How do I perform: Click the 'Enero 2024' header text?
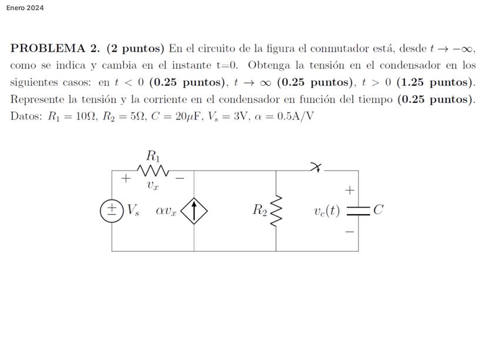pyautogui.click(x=25, y=8)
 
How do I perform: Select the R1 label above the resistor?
pyautogui.click(x=152, y=156)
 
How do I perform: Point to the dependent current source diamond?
pyautogui.click(x=194, y=210)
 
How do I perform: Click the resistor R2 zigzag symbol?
pyautogui.click(x=277, y=210)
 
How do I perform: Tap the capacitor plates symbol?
pyautogui.click(x=358, y=210)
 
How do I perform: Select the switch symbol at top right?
pyautogui.click(x=318, y=169)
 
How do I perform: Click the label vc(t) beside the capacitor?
pyautogui.click(x=327, y=210)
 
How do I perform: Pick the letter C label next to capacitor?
pyautogui.click(x=378, y=209)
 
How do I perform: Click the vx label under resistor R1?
pyautogui.click(x=152, y=186)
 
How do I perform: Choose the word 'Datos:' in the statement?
pyautogui.click(x=26, y=115)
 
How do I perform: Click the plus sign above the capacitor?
pyautogui.click(x=350, y=191)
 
